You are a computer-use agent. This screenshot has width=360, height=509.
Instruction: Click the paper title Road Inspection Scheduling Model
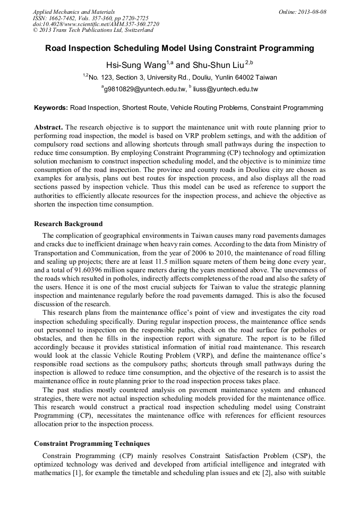click(x=179, y=48)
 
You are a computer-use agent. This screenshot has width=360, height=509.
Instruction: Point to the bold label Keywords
click(x=51, y=108)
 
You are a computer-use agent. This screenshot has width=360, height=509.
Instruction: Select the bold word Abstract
click(x=48, y=128)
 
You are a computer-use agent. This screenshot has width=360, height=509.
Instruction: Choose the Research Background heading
click(x=68, y=223)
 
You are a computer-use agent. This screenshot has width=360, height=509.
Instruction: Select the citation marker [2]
click(x=269, y=472)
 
